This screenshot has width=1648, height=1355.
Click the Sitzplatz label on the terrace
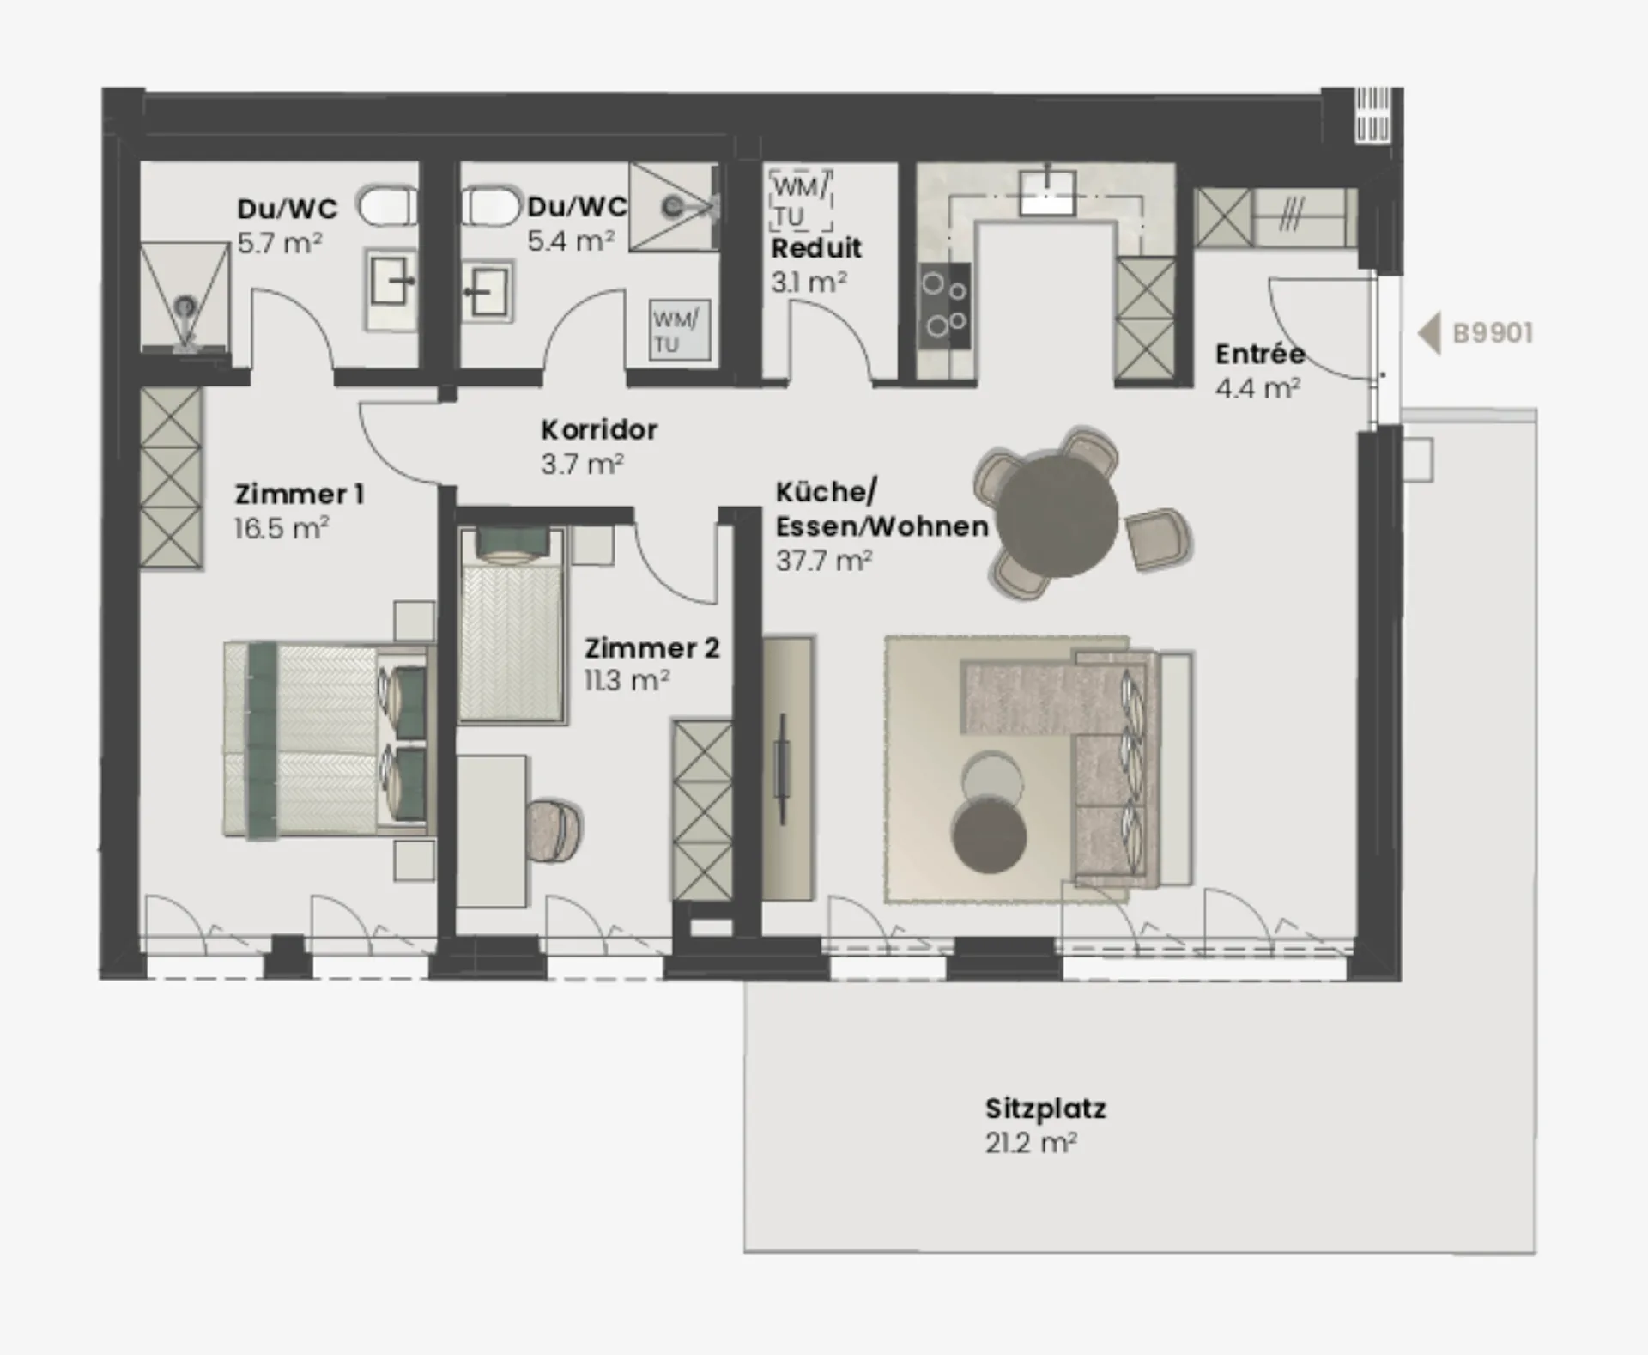(1045, 1109)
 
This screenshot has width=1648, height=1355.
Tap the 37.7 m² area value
(824, 561)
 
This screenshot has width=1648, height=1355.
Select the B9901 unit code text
(1493, 333)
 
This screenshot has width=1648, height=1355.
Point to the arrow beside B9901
(1429, 333)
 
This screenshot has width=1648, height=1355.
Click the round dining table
(1058, 515)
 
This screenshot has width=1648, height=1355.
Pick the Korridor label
(599, 429)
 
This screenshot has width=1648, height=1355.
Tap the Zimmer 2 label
(651, 647)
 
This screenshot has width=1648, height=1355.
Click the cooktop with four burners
(944, 306)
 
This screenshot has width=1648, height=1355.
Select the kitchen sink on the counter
(1047, 192)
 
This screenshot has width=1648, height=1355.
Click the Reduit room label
(816, 248)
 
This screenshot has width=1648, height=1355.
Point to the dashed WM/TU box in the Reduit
(802, 200)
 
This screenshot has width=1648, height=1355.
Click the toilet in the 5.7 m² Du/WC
(387, 207)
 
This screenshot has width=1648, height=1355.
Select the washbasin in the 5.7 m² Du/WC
(391, 279)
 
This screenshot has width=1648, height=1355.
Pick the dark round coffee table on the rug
(989, 836)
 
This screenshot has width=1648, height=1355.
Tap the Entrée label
(1260, 354)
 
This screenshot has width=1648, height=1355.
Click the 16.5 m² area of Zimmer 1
(282, 528)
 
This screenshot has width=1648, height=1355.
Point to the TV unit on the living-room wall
(787, 768)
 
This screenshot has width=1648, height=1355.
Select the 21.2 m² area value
(1031, 1143)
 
